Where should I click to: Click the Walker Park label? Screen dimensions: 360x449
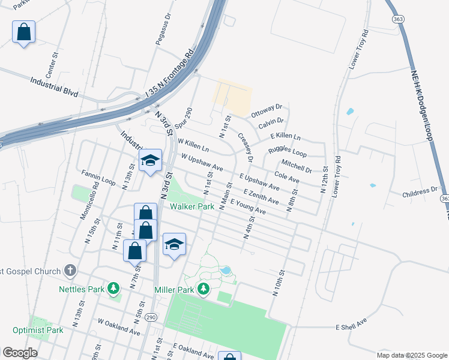tap(192, 206)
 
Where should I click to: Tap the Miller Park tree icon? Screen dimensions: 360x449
tap(204, 290)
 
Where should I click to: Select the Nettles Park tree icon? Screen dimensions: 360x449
tap(113, 290)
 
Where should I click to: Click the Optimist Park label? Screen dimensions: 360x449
tap(38, 330)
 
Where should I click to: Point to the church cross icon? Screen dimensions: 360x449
tap(70, 271)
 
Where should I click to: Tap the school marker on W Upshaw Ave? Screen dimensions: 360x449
tap(151, 160)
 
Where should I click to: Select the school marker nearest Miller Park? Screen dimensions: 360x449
tap(174, 244)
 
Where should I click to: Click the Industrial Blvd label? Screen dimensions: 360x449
tap(54, 86)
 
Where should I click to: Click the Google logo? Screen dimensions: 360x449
tap(19, 352)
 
